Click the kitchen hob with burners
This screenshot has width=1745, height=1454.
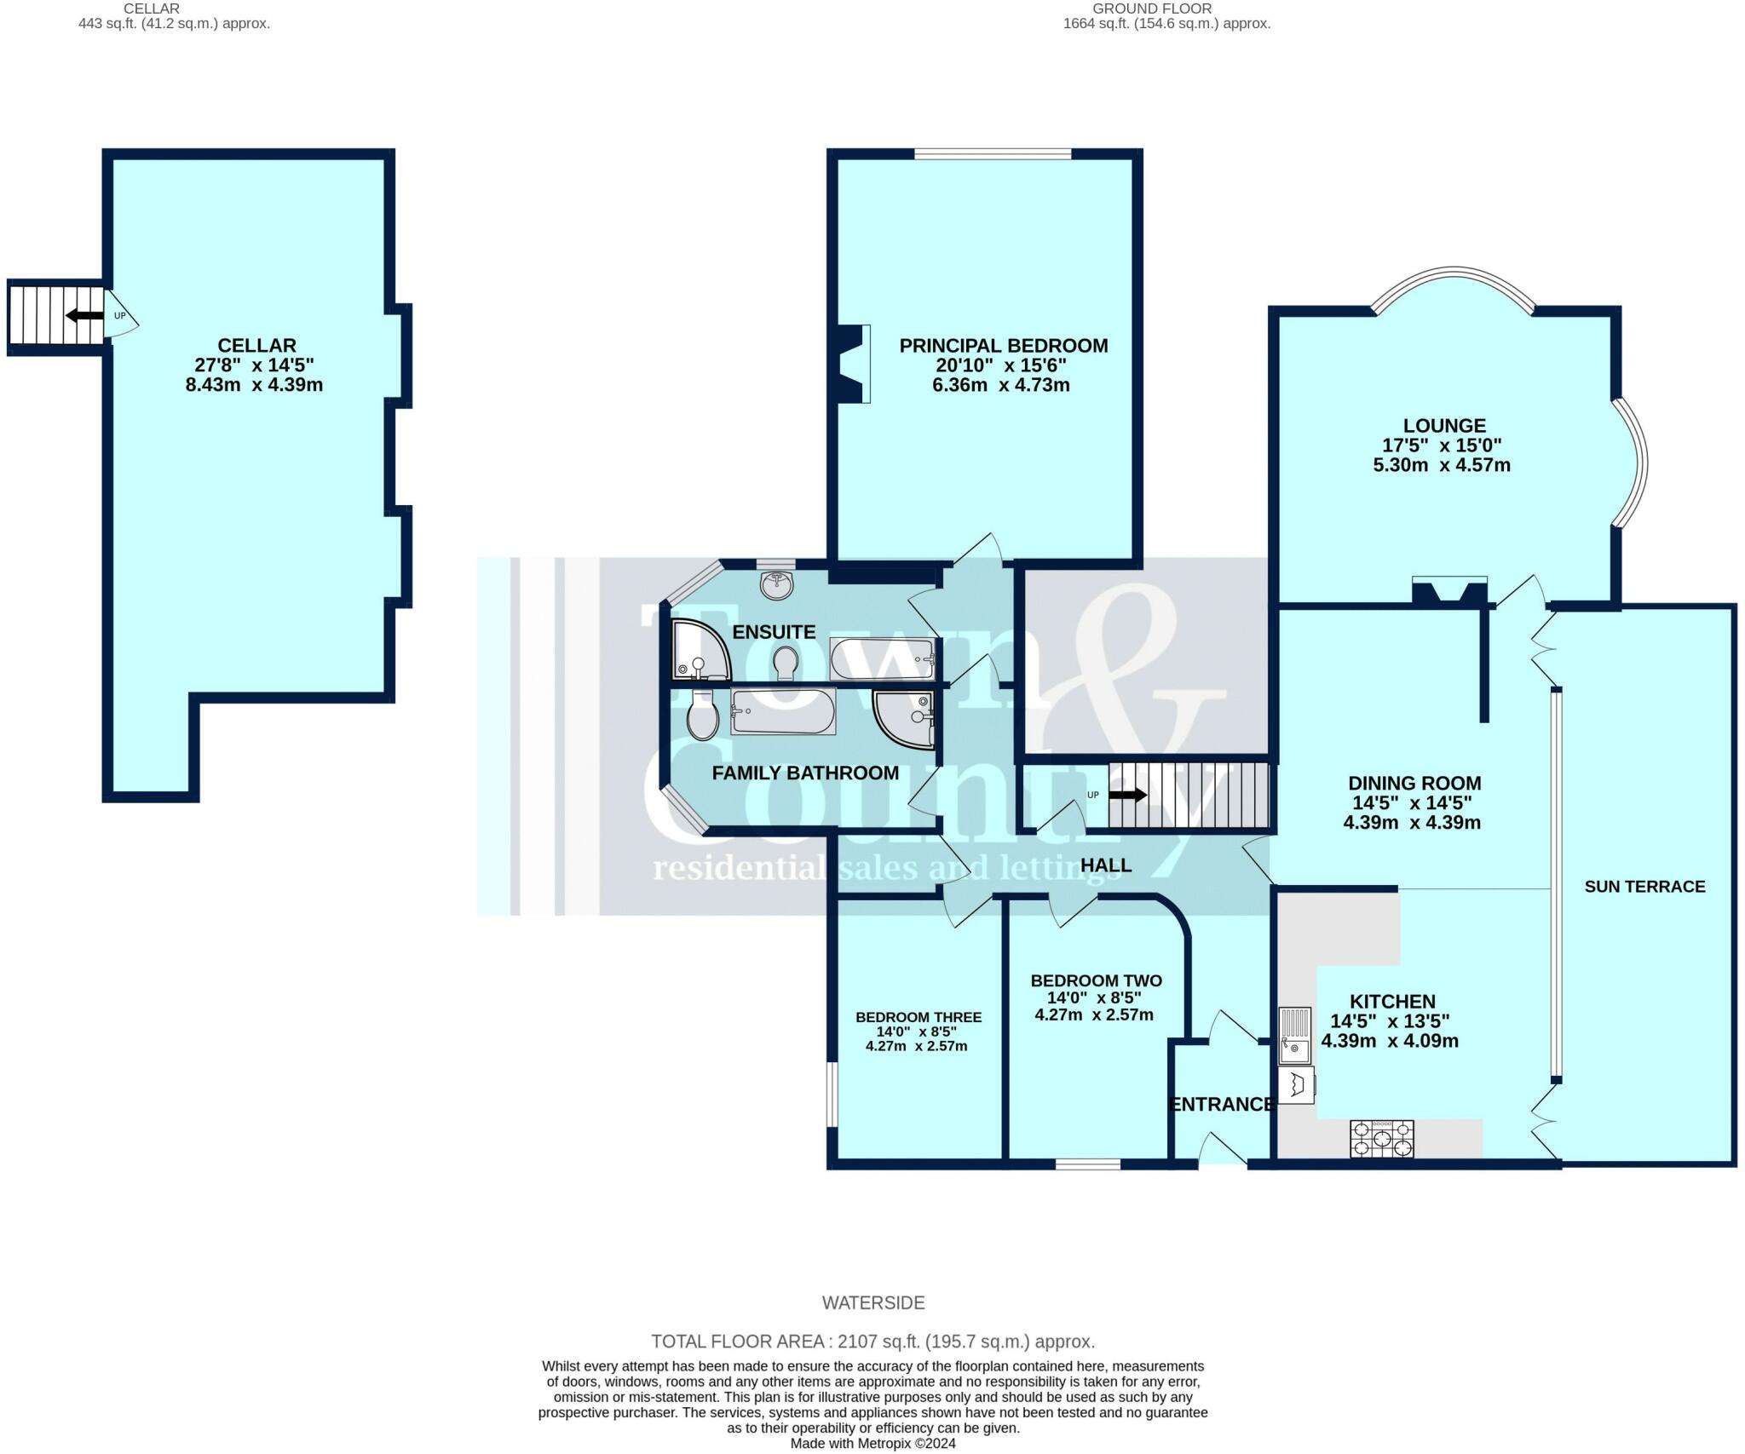(x=1381, y=1139)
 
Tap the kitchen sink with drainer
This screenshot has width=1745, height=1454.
(x=1294, y=1035)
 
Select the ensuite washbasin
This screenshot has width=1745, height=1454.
(x=775, y=585)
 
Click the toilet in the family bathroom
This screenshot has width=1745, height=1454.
(x=702, y=716)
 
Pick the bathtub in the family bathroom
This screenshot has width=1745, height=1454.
(x=783, y=711)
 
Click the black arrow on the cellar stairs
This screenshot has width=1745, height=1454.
(x=84, y=316)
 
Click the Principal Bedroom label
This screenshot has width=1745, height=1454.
(x=1004, y=346)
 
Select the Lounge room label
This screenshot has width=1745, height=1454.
(x=1444, y=426)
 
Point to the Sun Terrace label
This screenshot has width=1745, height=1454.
(x=1644, y=887)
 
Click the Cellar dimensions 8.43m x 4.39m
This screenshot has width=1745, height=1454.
(x=254, y=385)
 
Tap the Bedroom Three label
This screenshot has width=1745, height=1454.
(x=919, y=1017)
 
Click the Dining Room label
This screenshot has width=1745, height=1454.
(x=1414, y=784)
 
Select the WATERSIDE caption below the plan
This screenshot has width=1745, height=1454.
(x=873, y=1302)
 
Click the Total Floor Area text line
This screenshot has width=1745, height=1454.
(x=873, y=1342)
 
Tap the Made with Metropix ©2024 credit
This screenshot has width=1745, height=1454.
(x=873, y=1443)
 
